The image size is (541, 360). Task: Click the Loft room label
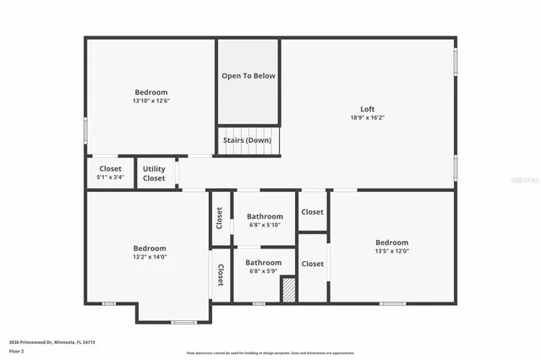click(x=367, y=109)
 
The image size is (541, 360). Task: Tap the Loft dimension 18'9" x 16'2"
click(x=367, y=118)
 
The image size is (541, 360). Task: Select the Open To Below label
click(x=249, y=76)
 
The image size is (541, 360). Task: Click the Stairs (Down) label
click(x=248, y=139)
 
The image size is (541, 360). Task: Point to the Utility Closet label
click(x=154, y=173)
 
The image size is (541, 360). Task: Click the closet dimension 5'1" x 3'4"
click(x=110, y=177)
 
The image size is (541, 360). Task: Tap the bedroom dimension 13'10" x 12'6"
click(x=151, y=101)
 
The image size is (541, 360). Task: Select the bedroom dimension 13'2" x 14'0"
click(x=150, y=257)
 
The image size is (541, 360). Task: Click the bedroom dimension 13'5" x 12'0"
click(x=391, y=251)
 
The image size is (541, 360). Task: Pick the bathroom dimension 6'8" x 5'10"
click(x=265, y=225)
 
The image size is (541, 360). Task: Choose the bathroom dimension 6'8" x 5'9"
click(x=264, y=271)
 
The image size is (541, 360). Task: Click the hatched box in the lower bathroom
click(x=288, y=289)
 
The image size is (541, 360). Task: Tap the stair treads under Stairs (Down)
click(x=248, y=150)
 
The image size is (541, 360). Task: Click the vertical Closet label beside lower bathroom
click(x=221, y=275)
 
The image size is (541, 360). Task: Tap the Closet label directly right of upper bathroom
click(x=312, y=213)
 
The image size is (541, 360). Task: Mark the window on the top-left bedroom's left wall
click(x=85, y=130)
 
